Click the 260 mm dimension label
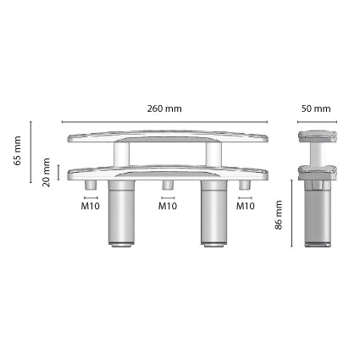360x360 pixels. [164, 109]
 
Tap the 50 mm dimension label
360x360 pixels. [316, 109]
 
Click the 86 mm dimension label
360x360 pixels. [279, 216]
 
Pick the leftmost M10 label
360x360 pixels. [91, 206]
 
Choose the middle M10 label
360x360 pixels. [168, 206]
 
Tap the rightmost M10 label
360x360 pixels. [246, 206]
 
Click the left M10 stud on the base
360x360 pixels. [91, 186]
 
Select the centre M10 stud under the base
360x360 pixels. [168, 186]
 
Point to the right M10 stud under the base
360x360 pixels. [245, 186]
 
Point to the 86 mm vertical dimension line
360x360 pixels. [292, 216]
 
